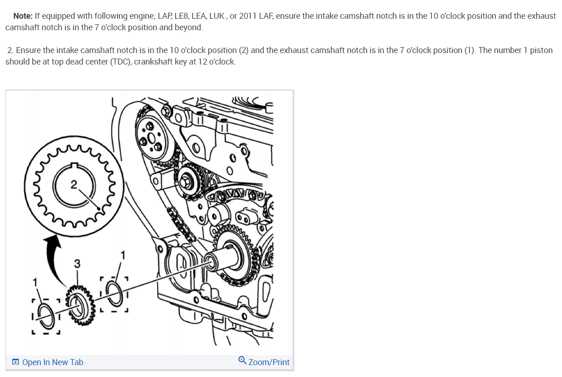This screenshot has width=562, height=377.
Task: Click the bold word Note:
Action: pyautogui.click(x=23, y=16)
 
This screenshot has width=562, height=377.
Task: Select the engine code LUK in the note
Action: pyautogui.click(x=217, y=16)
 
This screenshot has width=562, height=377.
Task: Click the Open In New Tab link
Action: pyautogui.click(x=53, y=362)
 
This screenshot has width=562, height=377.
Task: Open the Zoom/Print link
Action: pyautogui.click(x=269, y=362)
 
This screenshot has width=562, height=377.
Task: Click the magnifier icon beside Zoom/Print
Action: pyautogui.click(x=242, y=360)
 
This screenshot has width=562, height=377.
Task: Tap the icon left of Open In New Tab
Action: pyautogui.click(x=16, y=362)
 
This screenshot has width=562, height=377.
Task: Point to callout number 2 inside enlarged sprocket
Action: pyautogui.click(x=73, y=185)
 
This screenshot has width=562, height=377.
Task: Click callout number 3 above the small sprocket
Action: pyautogui.click(x=77, y=264)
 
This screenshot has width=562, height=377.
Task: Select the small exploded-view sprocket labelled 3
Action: pyautogui.click(x=80, y=306)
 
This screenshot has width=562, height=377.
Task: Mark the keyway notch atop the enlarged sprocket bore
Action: pyautogui.click(x=74, y=165)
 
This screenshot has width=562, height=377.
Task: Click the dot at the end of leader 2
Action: pyautogui.click(x=99, y=209)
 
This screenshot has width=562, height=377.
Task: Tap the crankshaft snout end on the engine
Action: pyautogui.click(x=210, y=262)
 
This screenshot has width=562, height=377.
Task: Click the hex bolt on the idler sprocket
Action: pyautogui.click(x=186, y=183)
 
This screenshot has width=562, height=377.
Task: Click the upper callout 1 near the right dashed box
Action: pyautogui.click(x=123, y=255)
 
